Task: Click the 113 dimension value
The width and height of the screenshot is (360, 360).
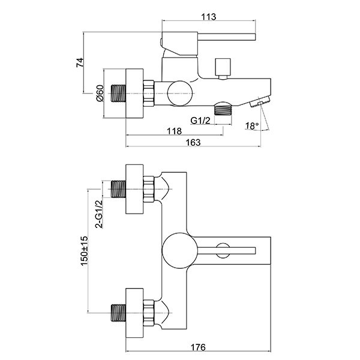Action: tap(208, 16)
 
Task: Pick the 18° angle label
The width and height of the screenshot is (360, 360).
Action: tap(253, 125)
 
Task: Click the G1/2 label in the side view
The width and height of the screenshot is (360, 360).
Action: tap(200, 121)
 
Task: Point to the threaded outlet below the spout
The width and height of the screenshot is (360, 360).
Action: tap(224, 109)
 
